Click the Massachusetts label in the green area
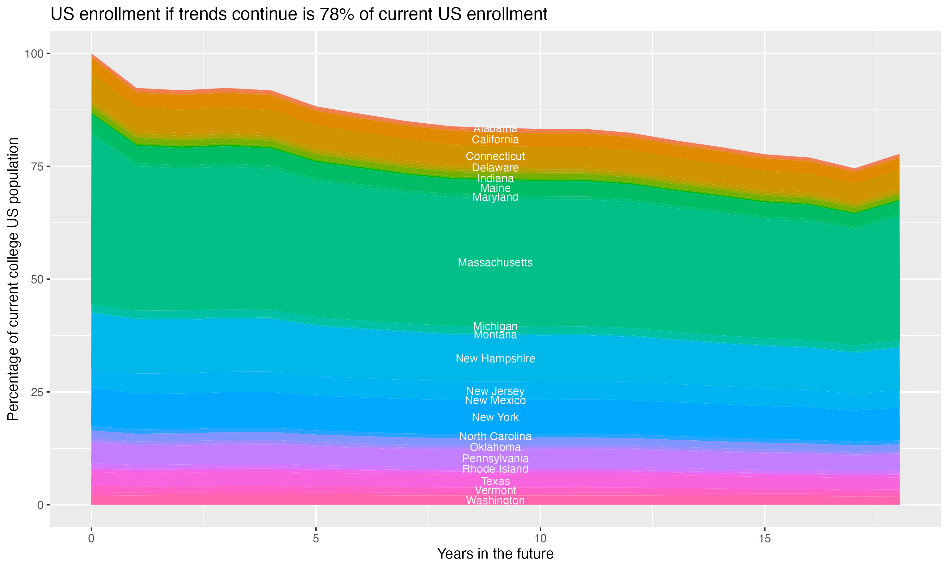click(495, 263)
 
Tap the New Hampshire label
click(495, 358)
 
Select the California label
click(495, 140)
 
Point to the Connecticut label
click(495, 156)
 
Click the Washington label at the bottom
click(495, 500)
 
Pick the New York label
click(495, 417)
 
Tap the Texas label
click(495, 481)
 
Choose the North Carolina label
click(495, 436)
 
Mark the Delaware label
click(495, 168)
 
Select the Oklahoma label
click(495, 447)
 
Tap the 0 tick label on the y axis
click(40, 505)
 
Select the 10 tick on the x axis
click(540, 538)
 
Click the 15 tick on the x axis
click(764, 538)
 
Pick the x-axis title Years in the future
click(495, 554)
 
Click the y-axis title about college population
click(13, 279)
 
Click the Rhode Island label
click(495, 469)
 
